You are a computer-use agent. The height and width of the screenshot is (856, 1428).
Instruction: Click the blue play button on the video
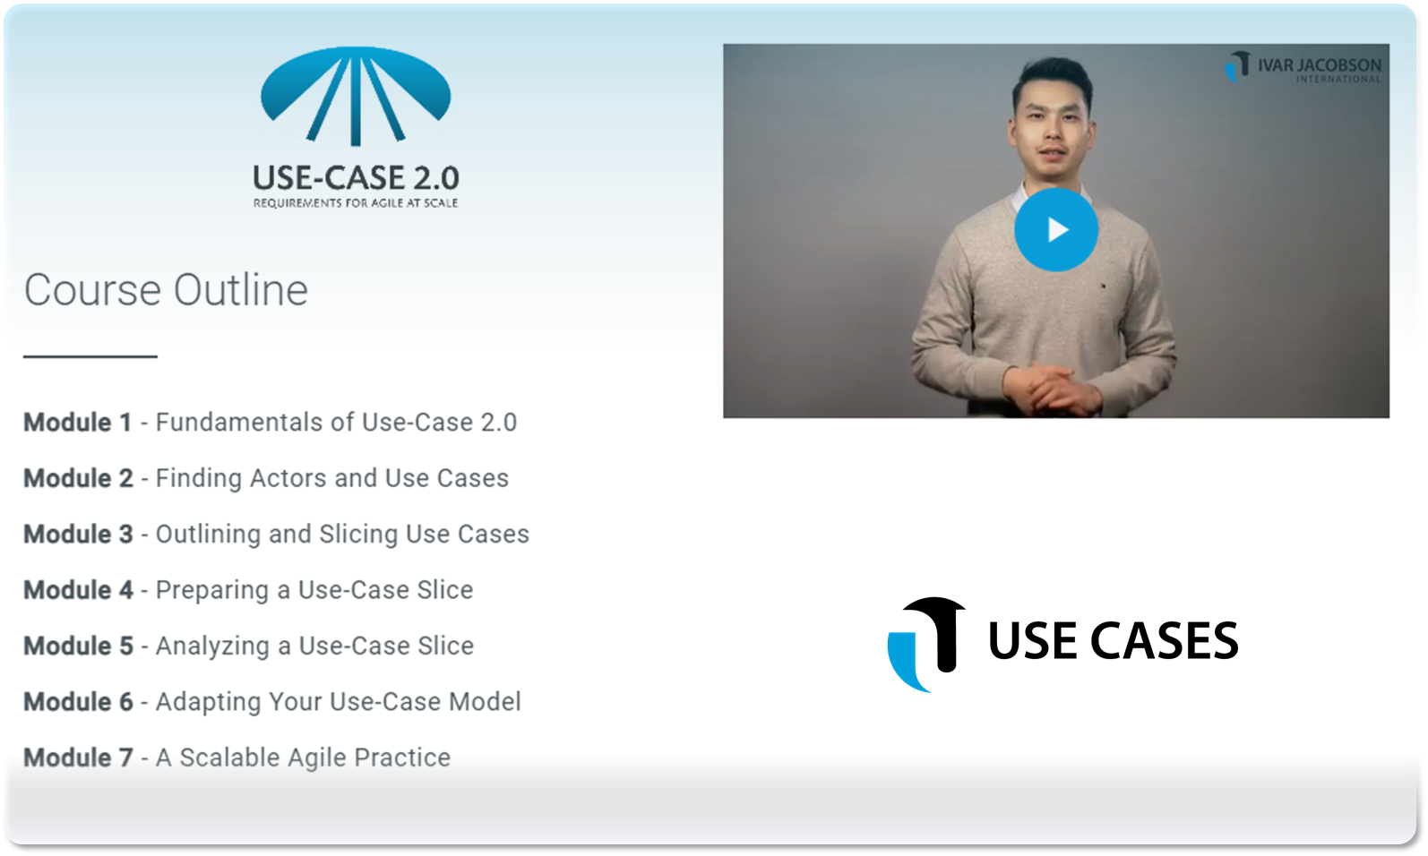(1055, 229)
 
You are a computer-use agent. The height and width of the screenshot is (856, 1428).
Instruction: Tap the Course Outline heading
(166, 290)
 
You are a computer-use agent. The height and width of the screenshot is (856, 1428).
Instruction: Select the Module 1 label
(78, 423)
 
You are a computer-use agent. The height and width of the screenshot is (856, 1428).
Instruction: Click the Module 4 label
(79, 590)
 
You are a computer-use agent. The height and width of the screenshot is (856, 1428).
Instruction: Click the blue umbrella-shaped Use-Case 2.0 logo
(356, 96)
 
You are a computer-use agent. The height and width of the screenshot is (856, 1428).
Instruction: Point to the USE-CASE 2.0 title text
(356, 178)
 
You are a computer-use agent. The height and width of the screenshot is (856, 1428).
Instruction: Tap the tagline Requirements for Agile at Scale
(356, 203)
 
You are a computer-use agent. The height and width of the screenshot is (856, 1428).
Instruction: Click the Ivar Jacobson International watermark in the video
(1303, 67)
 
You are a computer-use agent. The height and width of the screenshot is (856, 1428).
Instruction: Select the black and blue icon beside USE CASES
(925, 645)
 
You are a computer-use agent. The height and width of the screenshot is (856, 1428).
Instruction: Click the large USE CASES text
(1113, 640)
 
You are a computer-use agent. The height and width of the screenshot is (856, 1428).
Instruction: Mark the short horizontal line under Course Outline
(90, 356)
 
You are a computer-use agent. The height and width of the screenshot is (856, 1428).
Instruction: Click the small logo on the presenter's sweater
(1103, 286)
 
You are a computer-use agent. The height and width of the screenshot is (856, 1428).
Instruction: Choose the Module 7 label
(79, 758)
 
